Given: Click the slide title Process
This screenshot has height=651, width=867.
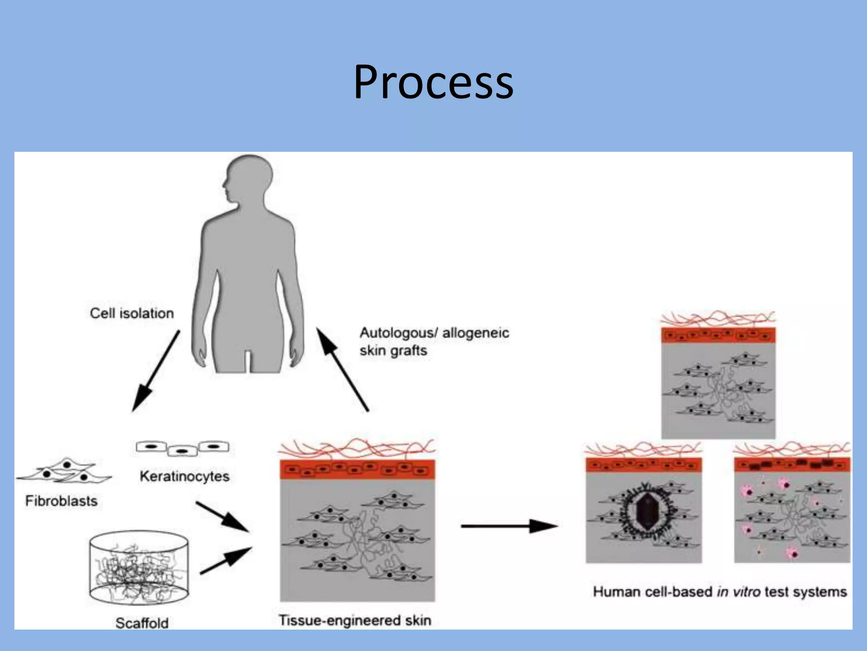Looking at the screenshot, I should (x=433, y=82).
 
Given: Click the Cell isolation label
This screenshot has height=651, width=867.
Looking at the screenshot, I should (x=132, y=313).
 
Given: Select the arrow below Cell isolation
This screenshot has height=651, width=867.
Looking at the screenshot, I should (x=155, y=371).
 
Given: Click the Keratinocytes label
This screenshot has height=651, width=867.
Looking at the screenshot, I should (x=185, y=476).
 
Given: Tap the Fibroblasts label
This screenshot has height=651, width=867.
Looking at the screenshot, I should (x=61, y=501).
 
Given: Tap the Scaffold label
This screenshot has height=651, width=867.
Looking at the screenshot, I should (x=142, y=623).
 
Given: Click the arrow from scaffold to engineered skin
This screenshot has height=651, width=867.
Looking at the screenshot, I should (x=226, y=560).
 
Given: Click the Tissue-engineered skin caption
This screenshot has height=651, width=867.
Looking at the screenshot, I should (x=355, y=620).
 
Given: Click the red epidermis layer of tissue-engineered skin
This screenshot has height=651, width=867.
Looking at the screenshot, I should (x=357, y=470).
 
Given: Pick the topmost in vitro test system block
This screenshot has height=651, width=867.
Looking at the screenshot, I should (x=718, y=381).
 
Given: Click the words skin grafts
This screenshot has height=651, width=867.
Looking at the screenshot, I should (x=393, y=351).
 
